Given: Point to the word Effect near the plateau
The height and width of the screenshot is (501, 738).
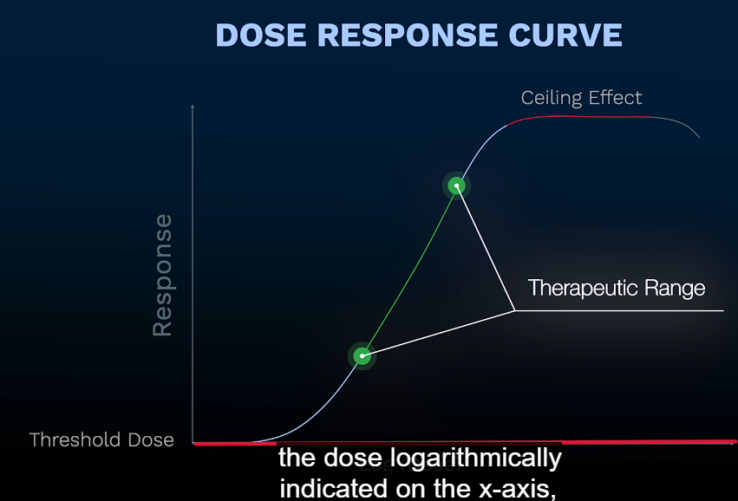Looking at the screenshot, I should (x=614, y=97).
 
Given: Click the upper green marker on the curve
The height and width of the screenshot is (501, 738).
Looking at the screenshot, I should (x=456, y=185).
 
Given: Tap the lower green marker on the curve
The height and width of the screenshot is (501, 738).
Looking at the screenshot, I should (x=362, y=355).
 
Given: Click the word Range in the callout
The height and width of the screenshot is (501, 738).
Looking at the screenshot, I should (x=676, y=288).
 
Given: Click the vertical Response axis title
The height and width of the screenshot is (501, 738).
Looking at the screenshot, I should (x=162, y=275).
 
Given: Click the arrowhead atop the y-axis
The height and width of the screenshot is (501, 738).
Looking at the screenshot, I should (x=193, y=106).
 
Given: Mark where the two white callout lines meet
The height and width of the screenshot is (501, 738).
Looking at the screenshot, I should (x=515, y=310).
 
